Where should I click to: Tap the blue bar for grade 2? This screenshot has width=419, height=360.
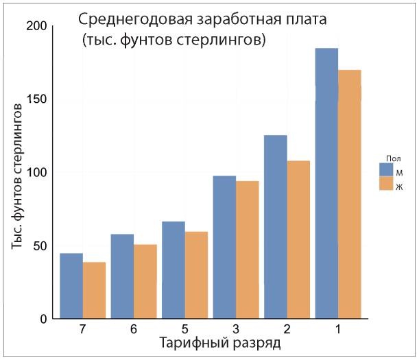[276, 227]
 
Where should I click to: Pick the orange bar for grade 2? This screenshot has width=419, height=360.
[298, 239]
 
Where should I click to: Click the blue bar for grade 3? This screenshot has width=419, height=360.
[225, 248]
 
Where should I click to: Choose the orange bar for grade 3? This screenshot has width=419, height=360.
[248, 250]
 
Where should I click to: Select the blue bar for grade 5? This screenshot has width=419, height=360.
[173, 270]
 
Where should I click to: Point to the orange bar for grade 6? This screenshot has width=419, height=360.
[145, 281]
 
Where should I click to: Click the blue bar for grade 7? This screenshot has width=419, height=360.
[71, 286]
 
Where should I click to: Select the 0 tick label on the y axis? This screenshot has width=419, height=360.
[42, 319]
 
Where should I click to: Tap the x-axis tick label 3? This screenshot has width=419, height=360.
[236, 330]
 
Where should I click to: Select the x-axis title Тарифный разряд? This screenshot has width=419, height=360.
[219, 343]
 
